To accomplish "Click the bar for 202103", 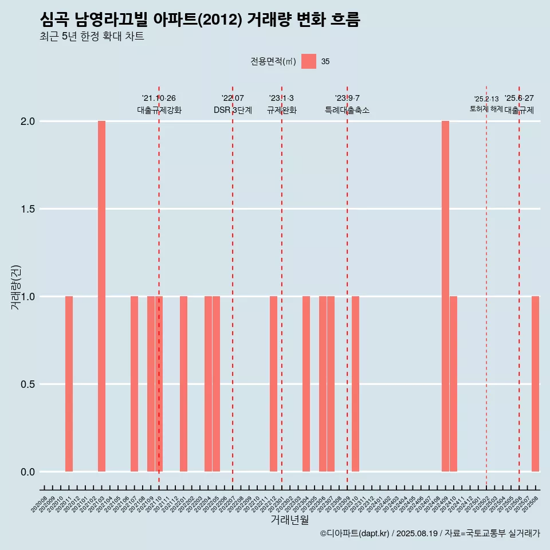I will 101,296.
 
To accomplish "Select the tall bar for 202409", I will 445,296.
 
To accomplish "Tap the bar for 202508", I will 535,384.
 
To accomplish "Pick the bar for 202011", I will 69,384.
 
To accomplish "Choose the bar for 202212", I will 273,384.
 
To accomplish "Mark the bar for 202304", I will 306,384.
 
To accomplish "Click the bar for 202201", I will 183,384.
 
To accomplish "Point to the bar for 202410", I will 453,384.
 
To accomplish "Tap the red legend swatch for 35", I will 309,61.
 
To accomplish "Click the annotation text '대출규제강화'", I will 159,111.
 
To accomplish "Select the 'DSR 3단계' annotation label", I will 233,111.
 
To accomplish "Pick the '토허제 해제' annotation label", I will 486,109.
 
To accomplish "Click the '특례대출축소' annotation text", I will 347,111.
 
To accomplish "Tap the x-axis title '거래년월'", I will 289,520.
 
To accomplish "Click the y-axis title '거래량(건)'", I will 16,288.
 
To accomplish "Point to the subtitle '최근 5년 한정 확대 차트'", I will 92,37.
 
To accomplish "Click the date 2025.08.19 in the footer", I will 417,533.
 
